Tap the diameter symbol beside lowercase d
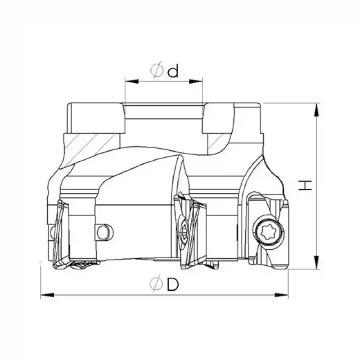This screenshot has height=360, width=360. (x=156, y=71)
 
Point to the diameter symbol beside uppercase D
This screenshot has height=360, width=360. (x=156, y=284)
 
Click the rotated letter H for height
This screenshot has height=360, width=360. (x=306, y=184)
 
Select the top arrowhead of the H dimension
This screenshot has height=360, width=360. (x=318, y=108)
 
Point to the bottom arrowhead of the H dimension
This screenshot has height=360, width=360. (x=318, y=264)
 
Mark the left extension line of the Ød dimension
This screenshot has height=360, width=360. (x=124, y=92)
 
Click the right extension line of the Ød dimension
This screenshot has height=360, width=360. (x=203, y=92)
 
